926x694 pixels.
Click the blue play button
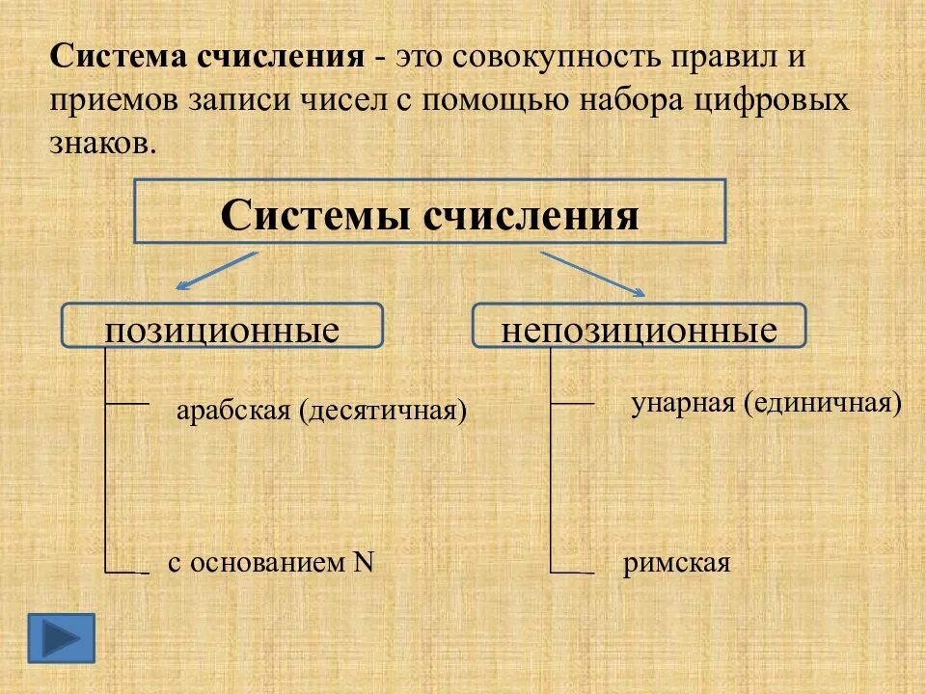click(x=62, y=637)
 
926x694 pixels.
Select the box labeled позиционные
click(x=223, y=326)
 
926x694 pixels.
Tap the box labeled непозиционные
click(x=639, y=326)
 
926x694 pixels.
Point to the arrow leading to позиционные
click(x=217, y=270)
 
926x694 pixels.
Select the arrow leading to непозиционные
click(x=591, y=273)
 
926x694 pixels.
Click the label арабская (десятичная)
click(x=321, y=411)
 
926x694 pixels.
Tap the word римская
click(x=676, y=562)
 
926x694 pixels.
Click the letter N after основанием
click(x=363, y=562)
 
